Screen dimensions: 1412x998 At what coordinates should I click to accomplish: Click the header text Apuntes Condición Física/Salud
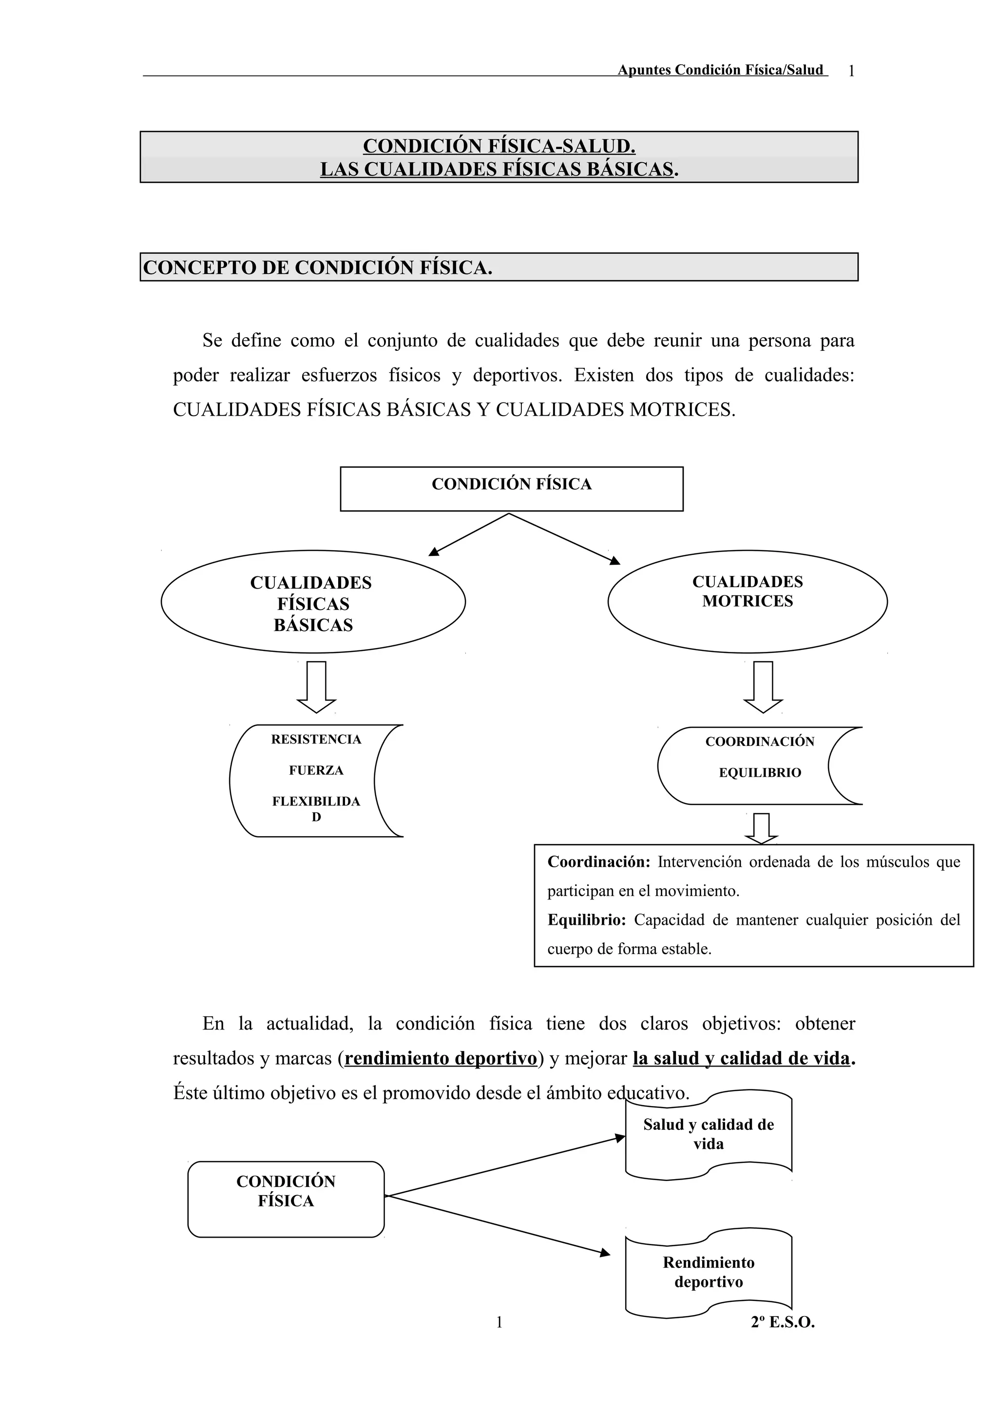720,70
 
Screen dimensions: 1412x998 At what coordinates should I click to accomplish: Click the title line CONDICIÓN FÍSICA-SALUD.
499,146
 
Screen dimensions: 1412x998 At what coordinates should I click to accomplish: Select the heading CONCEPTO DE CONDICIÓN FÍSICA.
318,268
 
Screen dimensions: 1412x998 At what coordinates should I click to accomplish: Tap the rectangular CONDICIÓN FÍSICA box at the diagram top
511,488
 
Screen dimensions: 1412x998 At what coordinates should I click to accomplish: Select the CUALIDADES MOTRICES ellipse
747,601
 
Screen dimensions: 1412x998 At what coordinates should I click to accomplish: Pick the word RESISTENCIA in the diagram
316,739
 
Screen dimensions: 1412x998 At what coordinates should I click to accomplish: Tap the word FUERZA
316,770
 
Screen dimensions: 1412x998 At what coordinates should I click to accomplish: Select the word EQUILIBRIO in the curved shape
760,772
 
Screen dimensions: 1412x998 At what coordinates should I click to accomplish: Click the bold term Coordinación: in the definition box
598,861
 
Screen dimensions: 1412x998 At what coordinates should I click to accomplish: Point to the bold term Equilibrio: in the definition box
587,920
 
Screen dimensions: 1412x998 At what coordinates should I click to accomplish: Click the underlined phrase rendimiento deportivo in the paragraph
441,1058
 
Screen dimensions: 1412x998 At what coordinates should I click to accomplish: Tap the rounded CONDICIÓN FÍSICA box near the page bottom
286,1199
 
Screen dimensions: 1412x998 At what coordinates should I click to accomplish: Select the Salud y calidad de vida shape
709,1135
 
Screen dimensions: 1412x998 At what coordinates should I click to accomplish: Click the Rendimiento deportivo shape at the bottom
709,1272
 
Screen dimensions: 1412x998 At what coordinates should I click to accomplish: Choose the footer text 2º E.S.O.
782,1322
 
